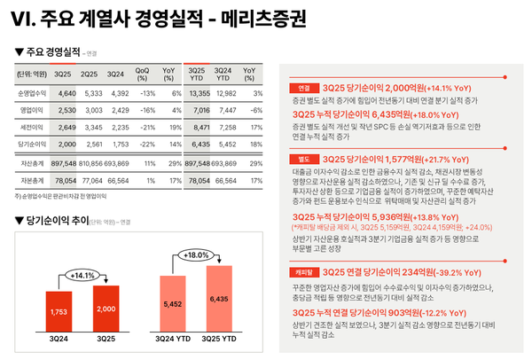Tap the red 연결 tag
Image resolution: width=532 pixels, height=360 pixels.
tap(304, 89)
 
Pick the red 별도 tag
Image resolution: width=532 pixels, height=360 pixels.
tap(304, 159)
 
